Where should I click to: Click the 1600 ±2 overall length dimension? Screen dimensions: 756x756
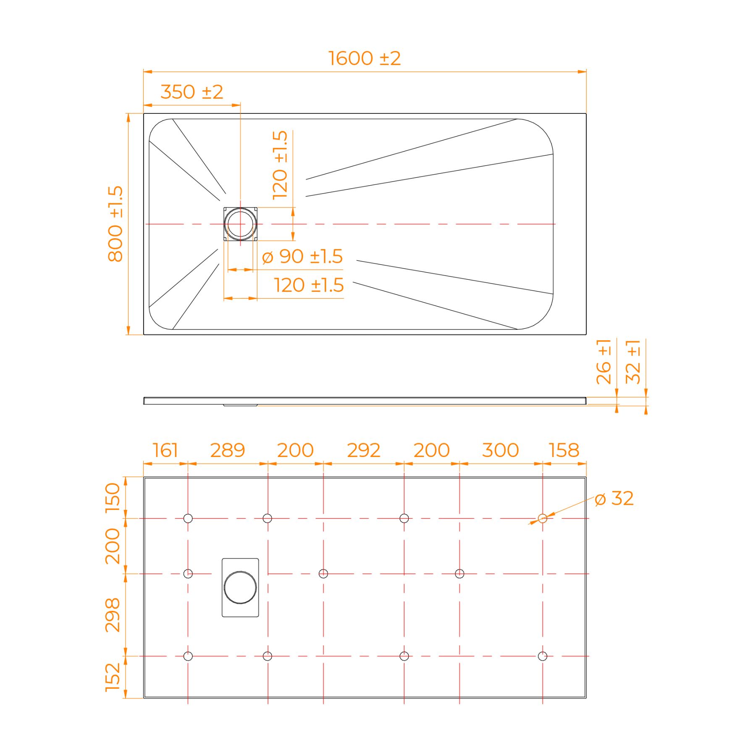click(x=364, y=58)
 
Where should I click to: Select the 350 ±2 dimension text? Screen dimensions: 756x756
click(x=192, y=92)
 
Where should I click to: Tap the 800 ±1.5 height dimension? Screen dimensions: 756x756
click(x=115, y=224)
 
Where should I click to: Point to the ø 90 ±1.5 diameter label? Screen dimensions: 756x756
click(x=302, y=256)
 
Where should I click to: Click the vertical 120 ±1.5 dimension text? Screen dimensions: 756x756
click(x=280, y=165)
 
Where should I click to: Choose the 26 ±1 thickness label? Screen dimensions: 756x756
click(x=604, y=362)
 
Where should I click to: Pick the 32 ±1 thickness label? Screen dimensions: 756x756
click(x=633, y=362)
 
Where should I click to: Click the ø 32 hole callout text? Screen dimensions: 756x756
click(x=614, y=499)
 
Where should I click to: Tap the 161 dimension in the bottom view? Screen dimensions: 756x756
click(x=165, y=450)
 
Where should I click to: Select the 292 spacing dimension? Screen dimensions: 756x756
click(x=364, y=450)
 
